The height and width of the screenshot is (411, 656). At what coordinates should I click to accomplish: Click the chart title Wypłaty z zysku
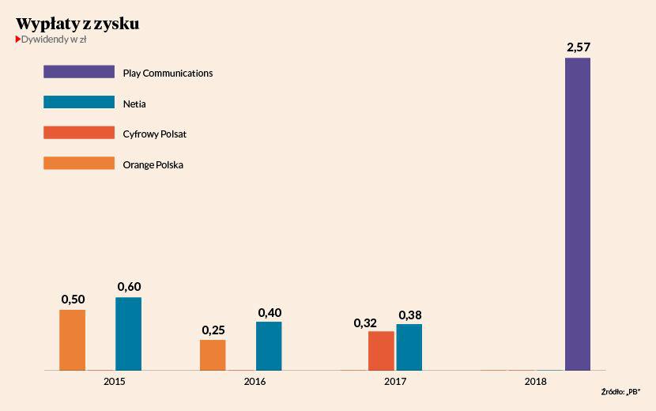click(x=77, y=24)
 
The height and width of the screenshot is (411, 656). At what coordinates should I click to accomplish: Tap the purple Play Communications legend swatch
click(x=79, y=72)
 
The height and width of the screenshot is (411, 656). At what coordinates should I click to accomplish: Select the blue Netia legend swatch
click(x=79, y=103)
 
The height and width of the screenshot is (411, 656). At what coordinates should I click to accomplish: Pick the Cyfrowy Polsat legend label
click(x=154, y=134)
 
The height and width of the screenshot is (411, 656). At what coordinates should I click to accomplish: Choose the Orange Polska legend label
click(x=153, y=164)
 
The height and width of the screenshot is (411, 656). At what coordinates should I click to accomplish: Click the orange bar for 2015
click(x=73, y=340)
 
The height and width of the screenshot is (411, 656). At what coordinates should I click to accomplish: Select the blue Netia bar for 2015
click(x=128, y=334)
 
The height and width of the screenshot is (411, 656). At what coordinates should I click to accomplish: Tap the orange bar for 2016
click(x=213, y=355)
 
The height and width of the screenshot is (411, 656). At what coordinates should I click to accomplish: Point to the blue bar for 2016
click(x=269, y=345)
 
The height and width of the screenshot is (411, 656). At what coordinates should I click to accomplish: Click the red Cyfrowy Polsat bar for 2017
click(x=381, y=350)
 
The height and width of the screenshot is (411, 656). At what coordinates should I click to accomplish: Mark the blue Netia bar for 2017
click(x=409, y=347)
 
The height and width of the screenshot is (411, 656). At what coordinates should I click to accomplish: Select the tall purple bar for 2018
click(x=578, y=213)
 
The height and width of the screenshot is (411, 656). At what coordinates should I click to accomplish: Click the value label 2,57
click(x=578, y=47)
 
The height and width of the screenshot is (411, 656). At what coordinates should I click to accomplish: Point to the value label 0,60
click(x=129, y=286)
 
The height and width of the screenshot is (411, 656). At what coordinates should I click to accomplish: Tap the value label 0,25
click(x=213, y=329)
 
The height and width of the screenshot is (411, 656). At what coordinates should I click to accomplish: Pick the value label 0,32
click(x=366, y=322)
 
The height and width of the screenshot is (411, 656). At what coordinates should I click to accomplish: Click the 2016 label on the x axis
click(x=254, y=382)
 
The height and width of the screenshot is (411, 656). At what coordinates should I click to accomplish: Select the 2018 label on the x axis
click(x=535, y=382)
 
